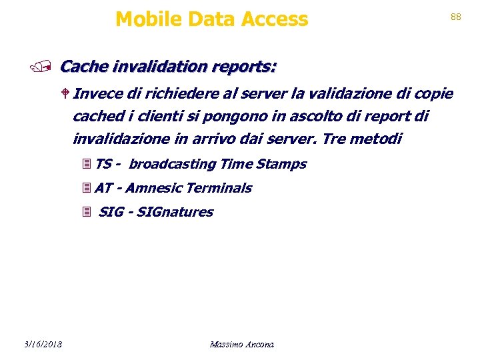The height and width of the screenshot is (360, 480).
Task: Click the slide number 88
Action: (x=456, y=17)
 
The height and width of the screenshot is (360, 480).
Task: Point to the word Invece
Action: (x=95, y=93)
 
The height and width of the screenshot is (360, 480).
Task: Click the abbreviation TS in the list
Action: (x=103, y=164)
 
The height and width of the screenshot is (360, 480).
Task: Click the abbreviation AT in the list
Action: (x=104, y=188)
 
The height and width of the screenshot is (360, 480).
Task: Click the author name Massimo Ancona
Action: (x=241, y=344)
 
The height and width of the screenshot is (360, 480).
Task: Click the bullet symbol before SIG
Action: (x=85, y=213)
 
